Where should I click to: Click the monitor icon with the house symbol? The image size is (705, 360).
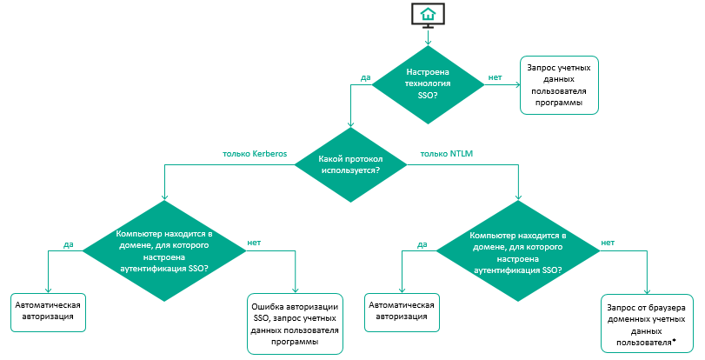click(427, 15)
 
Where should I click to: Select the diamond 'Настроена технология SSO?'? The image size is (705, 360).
click(427, 85)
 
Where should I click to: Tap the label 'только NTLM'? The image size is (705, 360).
click(447, 154)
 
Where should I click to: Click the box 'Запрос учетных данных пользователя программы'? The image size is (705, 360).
click(562, 85)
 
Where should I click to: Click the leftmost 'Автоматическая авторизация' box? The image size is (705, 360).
click(49, 311)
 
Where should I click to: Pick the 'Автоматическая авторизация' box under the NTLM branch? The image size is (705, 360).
click(402, 311)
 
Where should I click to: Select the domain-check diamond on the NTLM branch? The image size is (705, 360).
click(517, 252)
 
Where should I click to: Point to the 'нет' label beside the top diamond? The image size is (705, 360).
click(495, 77)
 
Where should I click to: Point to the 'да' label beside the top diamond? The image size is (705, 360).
click(366, 77)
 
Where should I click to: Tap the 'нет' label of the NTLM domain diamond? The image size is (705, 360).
click(608, 243)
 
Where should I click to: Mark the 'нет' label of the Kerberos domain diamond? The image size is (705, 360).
click(255, 243)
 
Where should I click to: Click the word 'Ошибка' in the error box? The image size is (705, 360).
click(269, 307)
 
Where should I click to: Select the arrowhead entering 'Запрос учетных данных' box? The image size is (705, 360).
click(516, 85)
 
